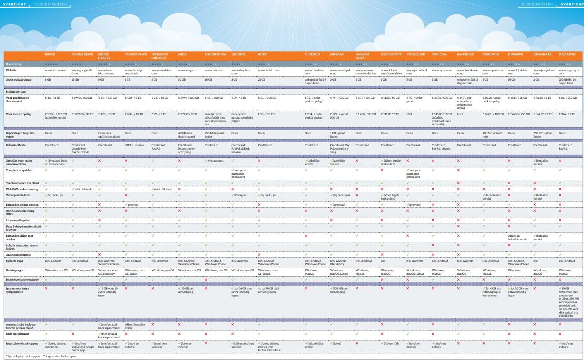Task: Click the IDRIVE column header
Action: (x=50, y=55)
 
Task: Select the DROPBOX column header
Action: (x=238, y=55)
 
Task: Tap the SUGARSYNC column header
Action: (x=567, y=55)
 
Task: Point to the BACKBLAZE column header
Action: (x=465, y=55)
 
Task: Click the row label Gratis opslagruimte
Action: (x=19, y=79)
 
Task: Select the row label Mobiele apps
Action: (x=14, y=261)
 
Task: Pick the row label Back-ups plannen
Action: (x=17, y=334)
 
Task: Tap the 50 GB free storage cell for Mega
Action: (x=182, y=79)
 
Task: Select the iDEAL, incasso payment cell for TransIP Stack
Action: (x=134, y=145)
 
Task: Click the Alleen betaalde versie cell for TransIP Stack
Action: (x=135, y=326)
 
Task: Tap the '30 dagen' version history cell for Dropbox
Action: (x=240, y=195)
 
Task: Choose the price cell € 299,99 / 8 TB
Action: (x=187, y=114)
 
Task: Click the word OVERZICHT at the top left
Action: (x=14, y=5)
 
